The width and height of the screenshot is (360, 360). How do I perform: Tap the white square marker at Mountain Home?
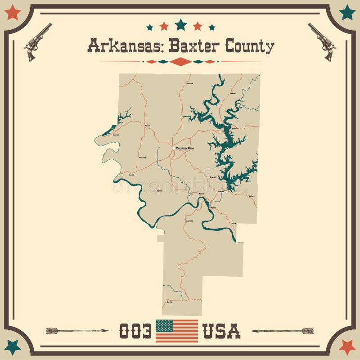174,148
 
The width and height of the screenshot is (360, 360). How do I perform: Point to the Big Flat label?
169,302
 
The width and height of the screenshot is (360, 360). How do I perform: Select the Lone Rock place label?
189,221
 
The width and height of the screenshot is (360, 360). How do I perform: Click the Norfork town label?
213,207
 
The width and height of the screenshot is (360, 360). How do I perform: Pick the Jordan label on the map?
251,197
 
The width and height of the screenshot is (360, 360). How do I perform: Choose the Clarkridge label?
189,84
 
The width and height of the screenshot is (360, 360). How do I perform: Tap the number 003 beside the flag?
135,331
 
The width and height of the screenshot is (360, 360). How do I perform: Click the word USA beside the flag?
221,331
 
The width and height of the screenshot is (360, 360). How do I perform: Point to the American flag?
177,331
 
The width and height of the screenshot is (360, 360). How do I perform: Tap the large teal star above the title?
180,24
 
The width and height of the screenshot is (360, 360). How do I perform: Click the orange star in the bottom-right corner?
347,346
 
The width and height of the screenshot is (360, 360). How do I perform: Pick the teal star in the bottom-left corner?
13,346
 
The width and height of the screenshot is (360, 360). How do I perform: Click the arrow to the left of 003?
76,331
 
